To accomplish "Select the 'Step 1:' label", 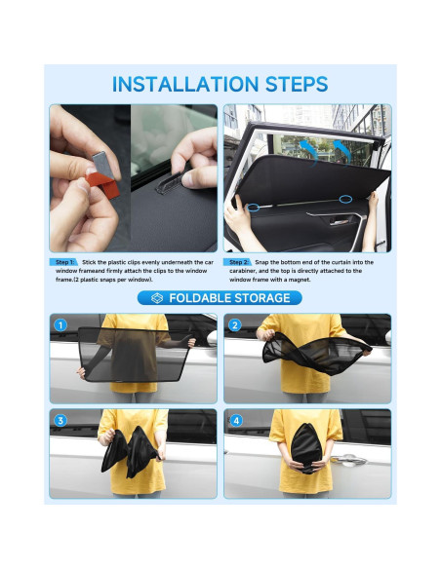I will (64, 262).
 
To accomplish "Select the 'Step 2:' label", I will (239, 262).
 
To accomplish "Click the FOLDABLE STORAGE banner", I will (220, 297).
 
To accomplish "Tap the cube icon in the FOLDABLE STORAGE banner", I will (156, 297).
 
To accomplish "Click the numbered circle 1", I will (60, 324).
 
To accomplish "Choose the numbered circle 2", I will (235, 324).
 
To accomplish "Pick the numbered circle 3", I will (60, 420).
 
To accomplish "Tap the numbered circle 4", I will (235, 420).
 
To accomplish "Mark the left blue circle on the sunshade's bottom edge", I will (253, 207).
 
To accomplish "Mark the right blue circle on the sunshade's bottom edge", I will (345, 199).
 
